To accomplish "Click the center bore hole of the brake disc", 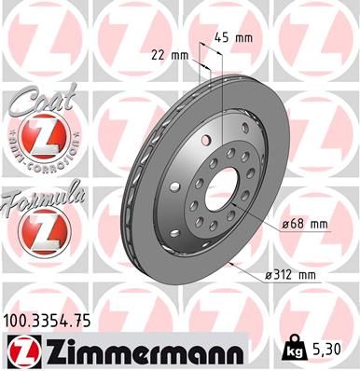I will [x=223, y=190].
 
